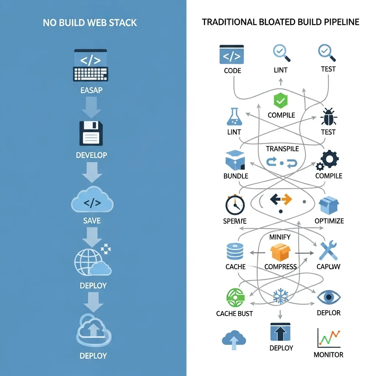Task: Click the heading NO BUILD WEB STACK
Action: [x=90, y=22]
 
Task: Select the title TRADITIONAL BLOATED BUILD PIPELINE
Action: [x=281, y=22]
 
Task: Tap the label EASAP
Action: [x=91, y=90]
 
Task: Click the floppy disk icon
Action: [x=91, y=134]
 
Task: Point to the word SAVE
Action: [x=92, y=221]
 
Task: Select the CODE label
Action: [x=232, y=70]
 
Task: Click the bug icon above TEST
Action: [x=328, y=117]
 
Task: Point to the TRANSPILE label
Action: [x=282, y=149]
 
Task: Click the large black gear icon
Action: [x=329, y=159]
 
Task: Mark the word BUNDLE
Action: [x=236, y=176]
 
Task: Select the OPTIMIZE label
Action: [x=329, y=221]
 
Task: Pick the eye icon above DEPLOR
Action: [x=329, y=297]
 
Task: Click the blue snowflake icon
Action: [x=281, y=296]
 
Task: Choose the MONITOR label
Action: [x=328, y=355]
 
